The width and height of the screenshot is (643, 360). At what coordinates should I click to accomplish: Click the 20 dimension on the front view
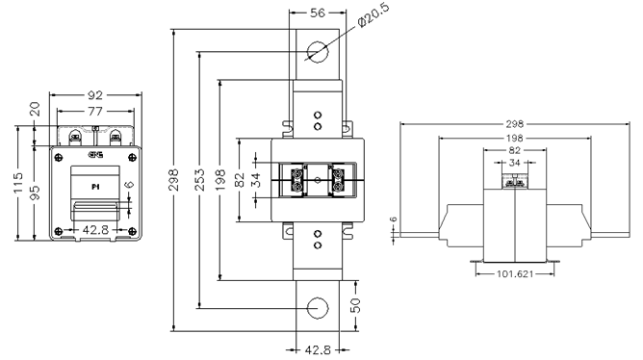[36, 110]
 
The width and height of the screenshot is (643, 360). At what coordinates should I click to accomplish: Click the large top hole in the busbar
[316, 49]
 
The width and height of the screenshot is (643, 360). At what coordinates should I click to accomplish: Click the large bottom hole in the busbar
[316, 307]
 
